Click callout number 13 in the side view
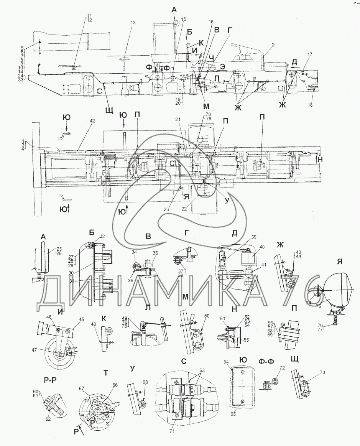pos(133,23)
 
